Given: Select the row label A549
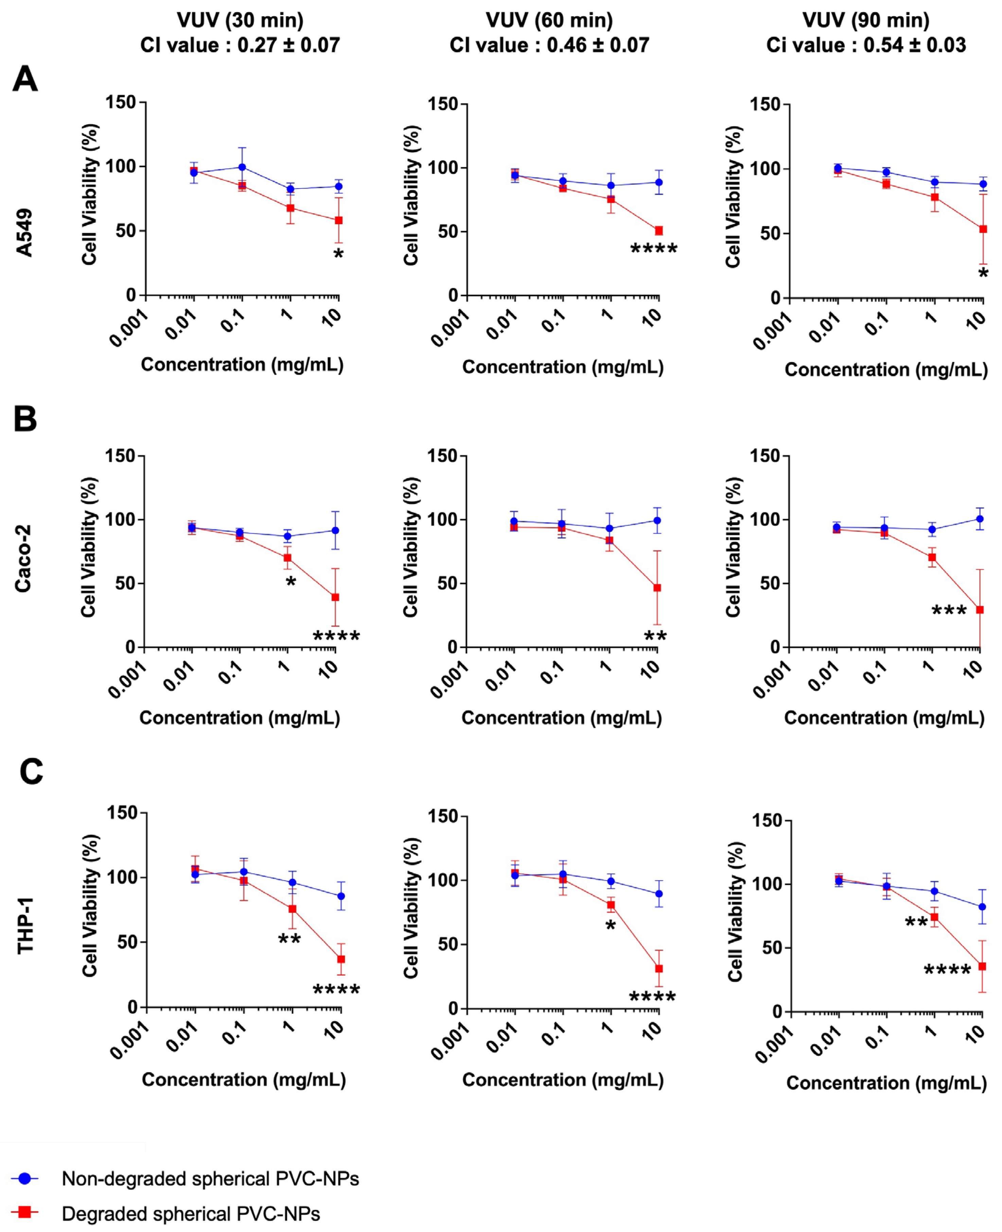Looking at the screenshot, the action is tap(24, 233).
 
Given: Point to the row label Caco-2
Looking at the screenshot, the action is tap(23, 558).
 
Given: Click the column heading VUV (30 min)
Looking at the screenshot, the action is tap(240, 21).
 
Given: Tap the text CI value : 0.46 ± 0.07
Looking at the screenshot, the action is tap(549, 45).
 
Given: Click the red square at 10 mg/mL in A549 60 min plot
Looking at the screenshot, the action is tap(658, 231).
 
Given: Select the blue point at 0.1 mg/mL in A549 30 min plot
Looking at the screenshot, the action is tap(242, 167).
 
